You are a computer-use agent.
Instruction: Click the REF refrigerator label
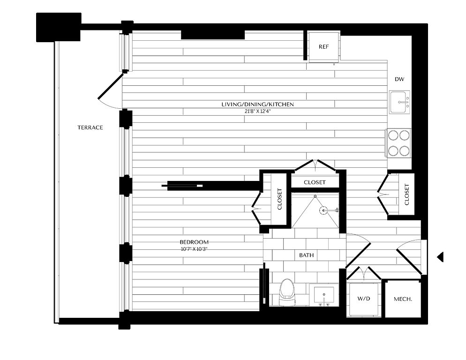point(323,47)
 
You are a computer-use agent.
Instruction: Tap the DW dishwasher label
point(399,79)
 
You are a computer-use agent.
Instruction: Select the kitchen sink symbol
point(400,102)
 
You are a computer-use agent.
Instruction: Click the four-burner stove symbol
point(398,143)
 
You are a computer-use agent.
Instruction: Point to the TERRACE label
point(90,127)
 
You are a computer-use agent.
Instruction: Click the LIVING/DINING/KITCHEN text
point(258,105)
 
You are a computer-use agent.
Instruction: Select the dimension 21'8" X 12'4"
point(258,112)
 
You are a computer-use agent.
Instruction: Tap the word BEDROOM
point(194,242)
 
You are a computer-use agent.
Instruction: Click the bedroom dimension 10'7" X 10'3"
point(194,249)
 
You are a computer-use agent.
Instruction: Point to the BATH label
point(307,255)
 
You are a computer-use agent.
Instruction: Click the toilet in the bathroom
point(287,292)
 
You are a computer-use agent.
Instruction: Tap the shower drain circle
point(323,211)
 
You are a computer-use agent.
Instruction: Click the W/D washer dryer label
point(364,298)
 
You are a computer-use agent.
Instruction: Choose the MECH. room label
point(403,299)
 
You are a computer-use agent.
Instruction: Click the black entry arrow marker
point(440,257)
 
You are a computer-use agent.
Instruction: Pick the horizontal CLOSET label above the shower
point(315,182)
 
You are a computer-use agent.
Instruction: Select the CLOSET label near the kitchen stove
point(407,195)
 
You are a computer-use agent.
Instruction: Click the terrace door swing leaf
point(111,86)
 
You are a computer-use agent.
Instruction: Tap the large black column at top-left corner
point(59,27)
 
